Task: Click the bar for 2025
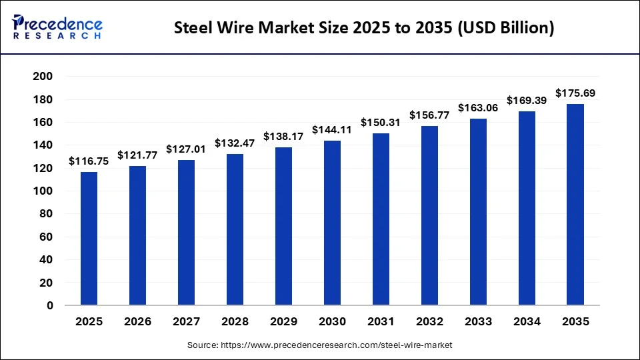click(89, 239)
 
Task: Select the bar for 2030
click(332, 223)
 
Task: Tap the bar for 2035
click(575, 205)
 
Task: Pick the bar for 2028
click(235, 229)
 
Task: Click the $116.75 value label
click(89, 161)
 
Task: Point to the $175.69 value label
click(575, 93)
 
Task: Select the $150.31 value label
click(381, 123)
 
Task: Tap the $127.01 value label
click(186, 149)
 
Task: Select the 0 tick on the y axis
click(50, 306)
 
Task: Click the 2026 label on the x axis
click(137, 322)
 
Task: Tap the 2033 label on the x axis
click(478, 322)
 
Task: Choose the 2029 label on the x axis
click(283, 322)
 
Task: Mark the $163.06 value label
click(478, 108)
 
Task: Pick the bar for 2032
click(429, 215)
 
